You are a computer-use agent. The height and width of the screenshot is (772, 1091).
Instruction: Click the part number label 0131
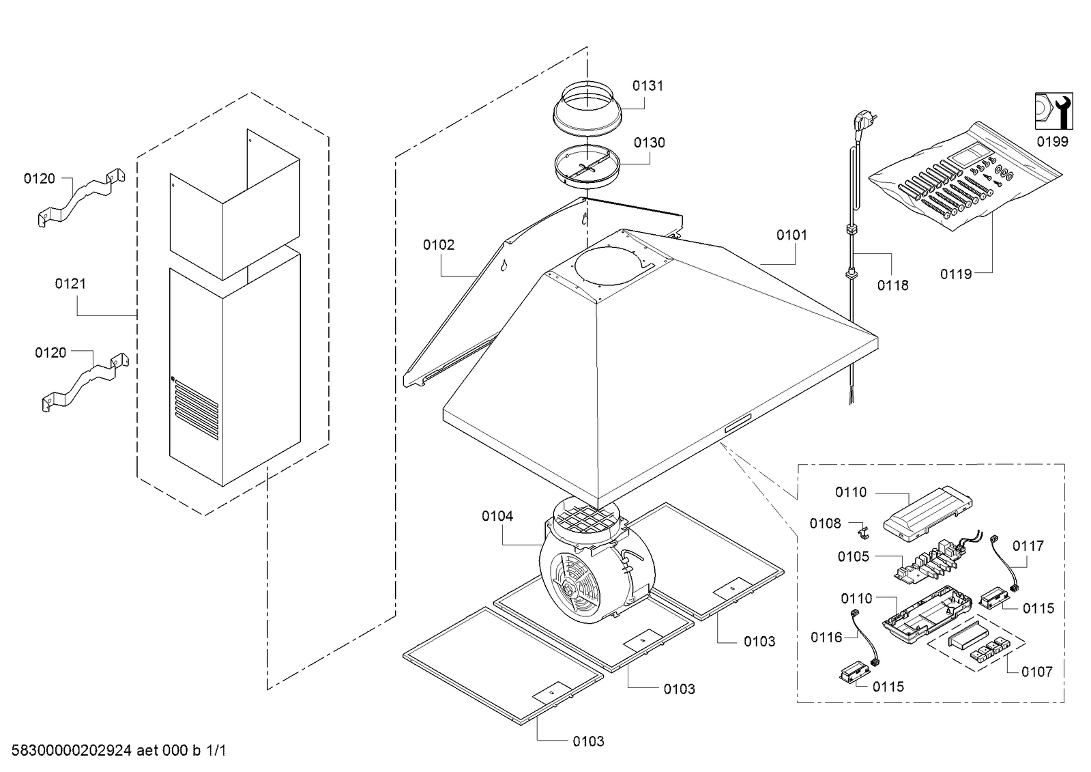(648, 85)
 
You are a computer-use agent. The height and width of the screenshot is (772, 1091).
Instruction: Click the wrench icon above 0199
(1053, 111)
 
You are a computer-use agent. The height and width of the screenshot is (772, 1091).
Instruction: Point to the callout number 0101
(791, 235)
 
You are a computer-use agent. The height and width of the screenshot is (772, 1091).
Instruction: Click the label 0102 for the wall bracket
(438, 244)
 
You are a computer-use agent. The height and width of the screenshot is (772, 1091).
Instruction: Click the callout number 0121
(70, 283)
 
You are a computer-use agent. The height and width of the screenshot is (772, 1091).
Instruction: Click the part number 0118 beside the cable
(892, 285)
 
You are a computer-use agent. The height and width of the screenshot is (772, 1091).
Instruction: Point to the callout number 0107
(1036, 672)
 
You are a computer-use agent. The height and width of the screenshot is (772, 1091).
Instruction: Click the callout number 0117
(1028, 545)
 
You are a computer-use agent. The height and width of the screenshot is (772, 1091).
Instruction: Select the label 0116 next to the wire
(826, 637)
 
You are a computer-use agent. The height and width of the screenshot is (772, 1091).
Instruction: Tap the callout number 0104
(497, 516)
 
